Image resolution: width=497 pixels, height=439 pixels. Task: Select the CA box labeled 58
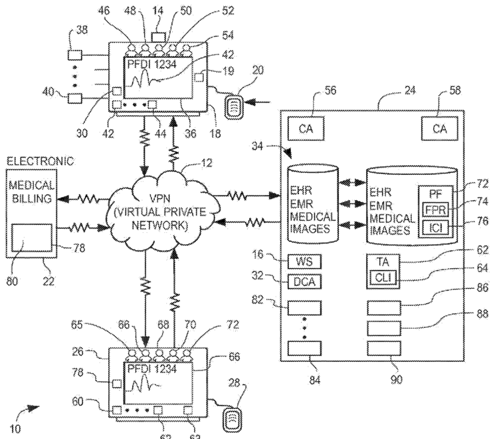click(438, 126)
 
